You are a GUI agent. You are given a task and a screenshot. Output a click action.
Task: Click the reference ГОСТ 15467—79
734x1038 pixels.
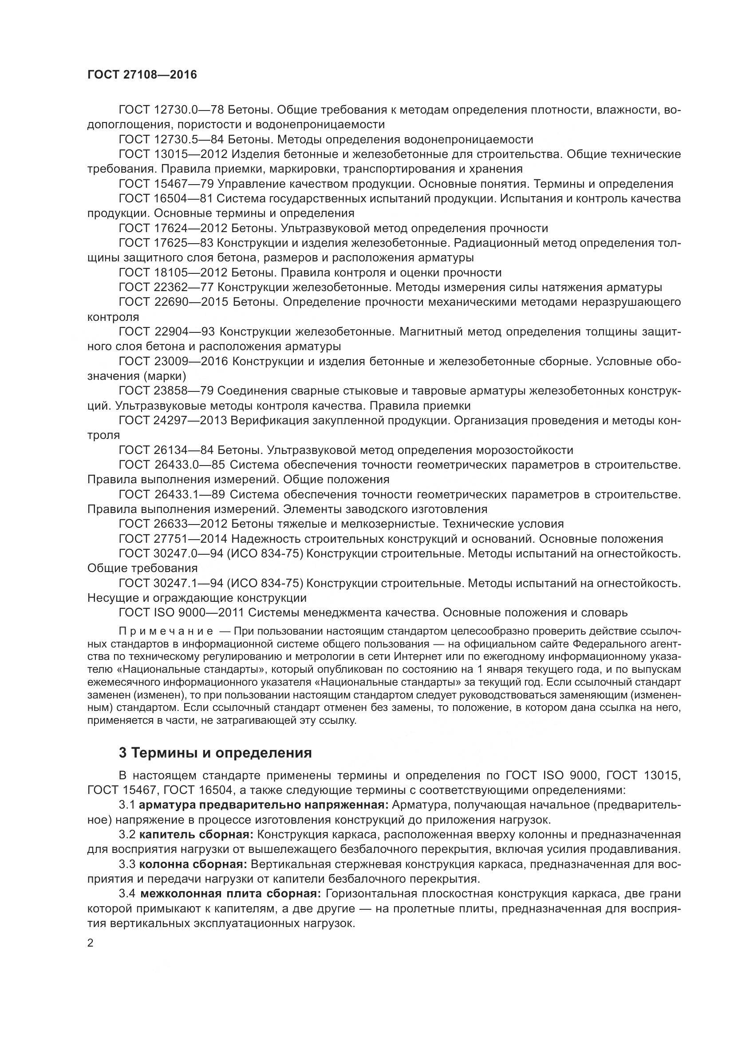pos(166,184)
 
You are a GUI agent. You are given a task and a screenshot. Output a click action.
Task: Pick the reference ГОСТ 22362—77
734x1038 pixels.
pos(166,288)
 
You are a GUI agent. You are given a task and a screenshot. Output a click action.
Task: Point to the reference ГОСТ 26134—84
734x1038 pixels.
pos(166,450)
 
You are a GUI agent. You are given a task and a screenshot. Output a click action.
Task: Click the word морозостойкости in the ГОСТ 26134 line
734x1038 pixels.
pos(524,450)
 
